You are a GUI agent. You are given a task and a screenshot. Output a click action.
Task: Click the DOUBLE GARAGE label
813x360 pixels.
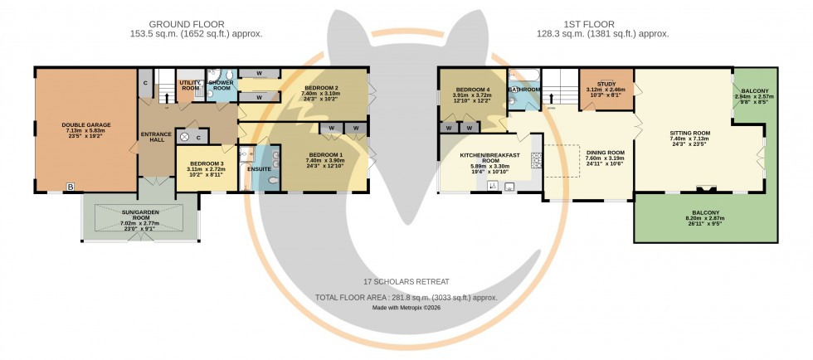(x=85, y=125)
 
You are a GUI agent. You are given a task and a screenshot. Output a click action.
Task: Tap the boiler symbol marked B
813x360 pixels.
(x=71, y=188)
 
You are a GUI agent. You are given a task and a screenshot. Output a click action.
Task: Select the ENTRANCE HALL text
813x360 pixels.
(x=155, y=139)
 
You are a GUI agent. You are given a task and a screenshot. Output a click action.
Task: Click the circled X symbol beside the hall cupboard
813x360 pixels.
(x=184, y=137)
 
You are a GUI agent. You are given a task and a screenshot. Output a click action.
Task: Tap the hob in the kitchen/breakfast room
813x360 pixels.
(x=536, y=158)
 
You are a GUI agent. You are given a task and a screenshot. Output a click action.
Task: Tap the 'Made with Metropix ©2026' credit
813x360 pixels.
(x=406, y=309)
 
